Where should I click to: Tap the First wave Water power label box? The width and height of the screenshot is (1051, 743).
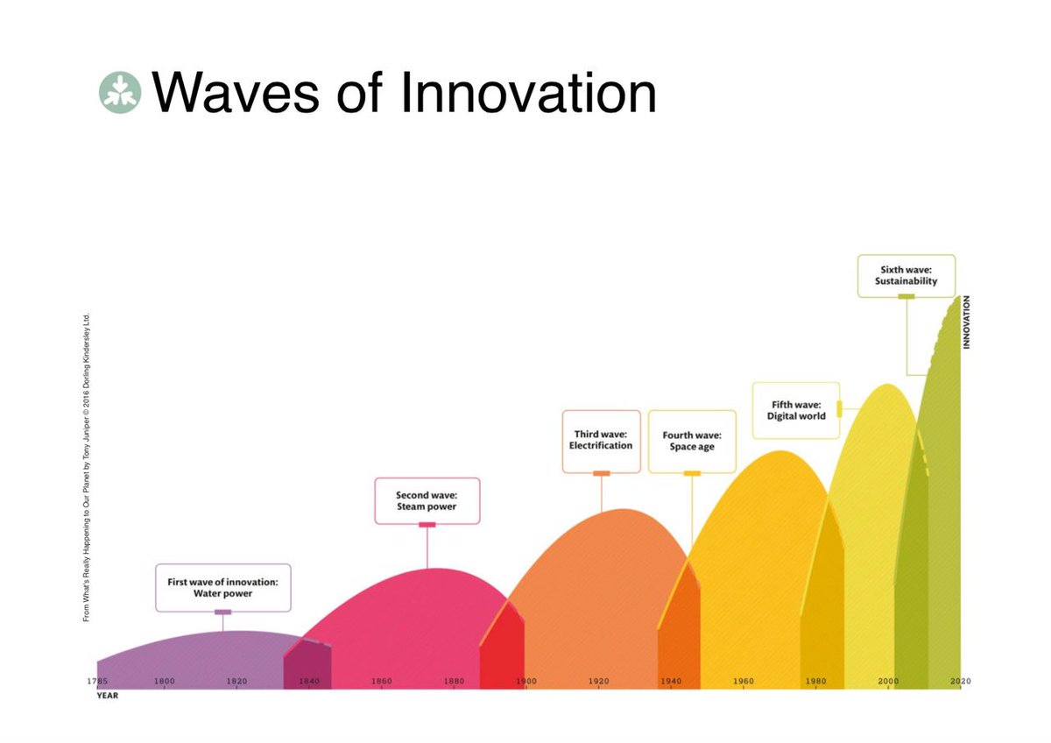coord(222,587)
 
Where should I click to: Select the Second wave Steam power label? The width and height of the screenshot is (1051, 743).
coord(427,500)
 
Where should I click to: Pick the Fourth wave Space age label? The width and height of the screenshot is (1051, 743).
coord(692,441)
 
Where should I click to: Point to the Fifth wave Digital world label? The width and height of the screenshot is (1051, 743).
coord(795,410)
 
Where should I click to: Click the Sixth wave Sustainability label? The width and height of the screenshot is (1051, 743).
coord(906,276)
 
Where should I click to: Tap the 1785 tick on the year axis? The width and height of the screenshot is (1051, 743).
coord(97,681)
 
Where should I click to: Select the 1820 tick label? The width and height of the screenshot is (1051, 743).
coord(235,681)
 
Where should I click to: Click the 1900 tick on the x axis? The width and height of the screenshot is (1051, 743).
coord(525,681)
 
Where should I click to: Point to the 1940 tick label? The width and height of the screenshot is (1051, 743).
coord(671,681)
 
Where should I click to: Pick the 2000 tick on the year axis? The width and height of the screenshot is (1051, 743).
coord(887,681)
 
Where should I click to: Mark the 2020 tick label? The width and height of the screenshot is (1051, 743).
coord(960,681)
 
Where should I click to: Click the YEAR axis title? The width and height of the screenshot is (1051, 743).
coord(106,697)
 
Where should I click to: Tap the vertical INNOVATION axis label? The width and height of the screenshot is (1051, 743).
coord(967,322)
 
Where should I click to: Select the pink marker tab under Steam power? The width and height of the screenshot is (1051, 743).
coord(427,525)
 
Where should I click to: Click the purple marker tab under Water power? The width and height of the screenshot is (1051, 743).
coord(222,612)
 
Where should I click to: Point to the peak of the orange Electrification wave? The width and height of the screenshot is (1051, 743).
coord(623,510)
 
